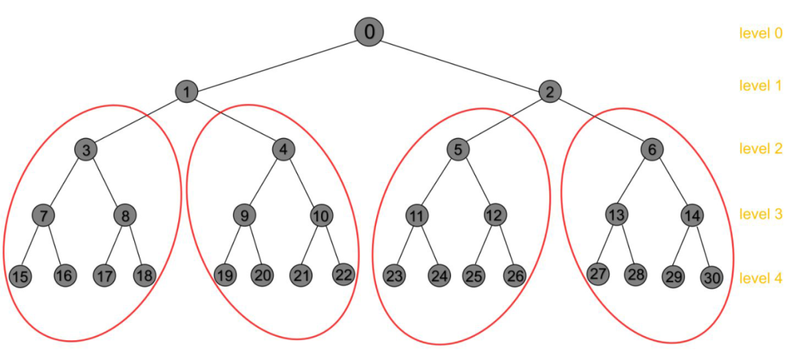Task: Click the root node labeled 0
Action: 369,32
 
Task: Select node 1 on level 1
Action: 187,92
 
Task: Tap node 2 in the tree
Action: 549,92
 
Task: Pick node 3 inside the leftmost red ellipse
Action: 87,150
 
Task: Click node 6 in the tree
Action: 651,150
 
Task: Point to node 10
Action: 320,216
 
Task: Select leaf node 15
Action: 21,276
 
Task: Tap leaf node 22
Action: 343,275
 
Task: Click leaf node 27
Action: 598,273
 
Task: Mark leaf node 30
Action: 711,278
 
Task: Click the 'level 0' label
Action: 760,32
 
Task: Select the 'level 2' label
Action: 760,149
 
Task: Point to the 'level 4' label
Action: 760,278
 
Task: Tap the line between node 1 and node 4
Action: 235,120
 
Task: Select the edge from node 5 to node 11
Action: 437,183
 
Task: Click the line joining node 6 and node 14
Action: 672,183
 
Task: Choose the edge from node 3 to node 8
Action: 106,183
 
